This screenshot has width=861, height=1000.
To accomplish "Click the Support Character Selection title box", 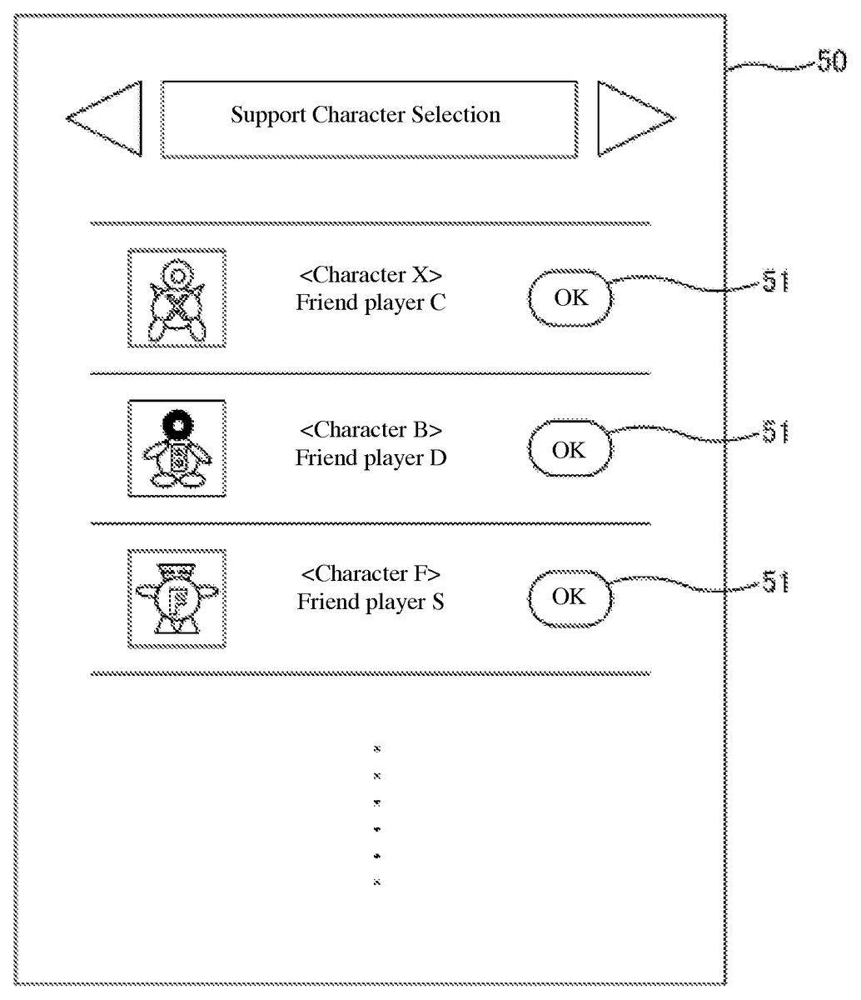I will click(x=369, y=119).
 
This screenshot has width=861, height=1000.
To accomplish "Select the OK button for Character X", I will click(x=570, y=297).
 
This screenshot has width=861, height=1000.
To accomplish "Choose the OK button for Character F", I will click(x=569, y=597).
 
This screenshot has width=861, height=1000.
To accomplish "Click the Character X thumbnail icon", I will click(x=177, y=297).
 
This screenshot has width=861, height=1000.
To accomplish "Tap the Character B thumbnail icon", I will click(x=177, y=448).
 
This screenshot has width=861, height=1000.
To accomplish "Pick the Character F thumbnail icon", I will click(x=177, y=598).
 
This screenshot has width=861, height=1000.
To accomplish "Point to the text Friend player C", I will click(x=371, y=302).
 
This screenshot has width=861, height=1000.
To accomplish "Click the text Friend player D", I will click(x=371, y=457).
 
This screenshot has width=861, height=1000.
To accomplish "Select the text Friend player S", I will click(x=371, y=602).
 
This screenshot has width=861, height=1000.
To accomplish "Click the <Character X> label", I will click(x=371, y=275).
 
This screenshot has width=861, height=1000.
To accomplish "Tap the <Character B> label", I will click(x=371, y=430).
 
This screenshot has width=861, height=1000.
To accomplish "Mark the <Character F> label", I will click(x=371, y=573).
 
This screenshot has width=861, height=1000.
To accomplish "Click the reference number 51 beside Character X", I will click(x=774, y=284).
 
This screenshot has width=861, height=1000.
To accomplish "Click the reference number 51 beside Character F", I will click(x=774, y=583).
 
